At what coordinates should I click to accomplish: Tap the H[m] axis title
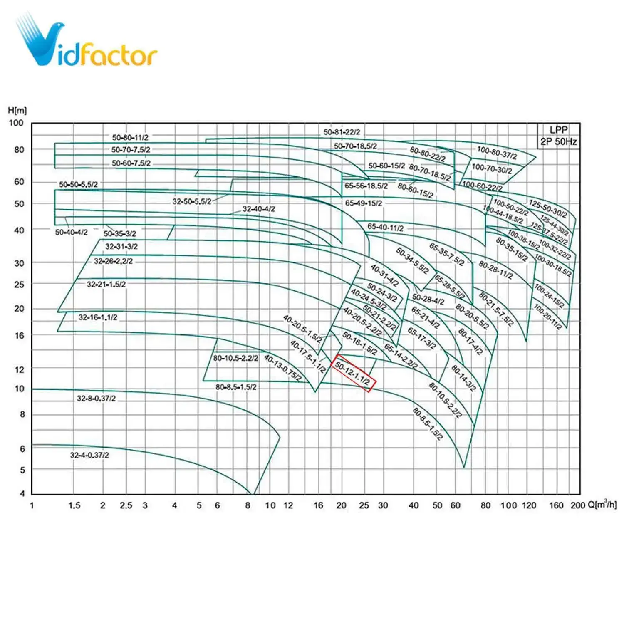pos(17,111)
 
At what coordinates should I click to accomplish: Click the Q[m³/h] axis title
pos(602,505)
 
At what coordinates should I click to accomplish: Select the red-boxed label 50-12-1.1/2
pos(353,373)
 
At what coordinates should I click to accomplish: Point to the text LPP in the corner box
pos(558,130)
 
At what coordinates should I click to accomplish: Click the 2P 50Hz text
pos(558,142)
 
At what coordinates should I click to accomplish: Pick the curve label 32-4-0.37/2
pos(89,455)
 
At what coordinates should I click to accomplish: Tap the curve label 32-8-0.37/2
pos(96,399)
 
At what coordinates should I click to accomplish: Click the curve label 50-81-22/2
pos(342,132)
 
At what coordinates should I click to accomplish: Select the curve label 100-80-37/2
pos(497,153)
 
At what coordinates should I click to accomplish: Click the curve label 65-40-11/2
pos(385,227)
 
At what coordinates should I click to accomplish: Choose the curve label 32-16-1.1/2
pos(98,317)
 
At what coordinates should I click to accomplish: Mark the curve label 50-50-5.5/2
pos(78,184)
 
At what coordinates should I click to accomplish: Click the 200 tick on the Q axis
pos(578,505)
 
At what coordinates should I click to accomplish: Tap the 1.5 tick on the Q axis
pos(74,505)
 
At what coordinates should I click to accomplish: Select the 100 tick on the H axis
pos(16,123)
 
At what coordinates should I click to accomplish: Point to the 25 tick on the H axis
pos(19,285)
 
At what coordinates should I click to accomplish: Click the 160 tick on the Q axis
pos(556,505)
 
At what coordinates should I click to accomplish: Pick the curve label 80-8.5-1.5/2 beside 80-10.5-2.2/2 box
pos(236,387)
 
